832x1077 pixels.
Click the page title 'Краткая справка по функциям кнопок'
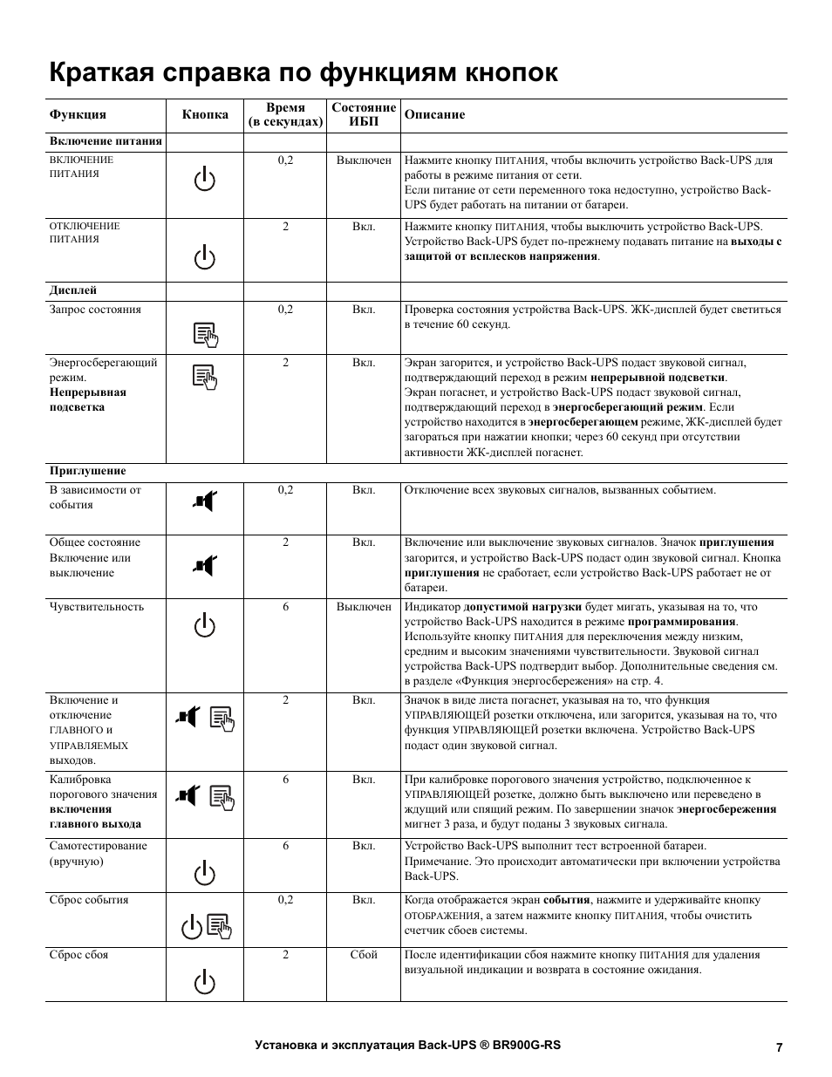coord(303,72)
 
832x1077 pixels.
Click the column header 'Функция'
coord(78,114)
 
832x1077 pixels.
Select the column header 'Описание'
coord(434,114)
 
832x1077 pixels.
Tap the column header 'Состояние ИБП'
coord(364,114)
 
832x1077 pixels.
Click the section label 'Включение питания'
coord(106,141)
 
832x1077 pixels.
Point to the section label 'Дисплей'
coord(73,290)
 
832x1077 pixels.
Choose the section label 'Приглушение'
coord(87,471)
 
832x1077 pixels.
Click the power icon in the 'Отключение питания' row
coord(205,258)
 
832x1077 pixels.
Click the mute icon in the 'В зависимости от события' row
coord(204,501)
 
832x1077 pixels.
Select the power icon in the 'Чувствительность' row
coord(205,625)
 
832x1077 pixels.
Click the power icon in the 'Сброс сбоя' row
coord(205,983)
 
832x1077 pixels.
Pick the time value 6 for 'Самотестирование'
coord(286,846)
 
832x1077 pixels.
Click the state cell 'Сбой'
coord(364,955)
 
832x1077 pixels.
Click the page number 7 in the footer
coord(779,1047)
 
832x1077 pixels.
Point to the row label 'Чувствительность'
coord(96,607)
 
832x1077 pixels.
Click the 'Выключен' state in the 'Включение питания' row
coord(364,160)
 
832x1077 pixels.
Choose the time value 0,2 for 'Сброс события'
coord(286,900)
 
